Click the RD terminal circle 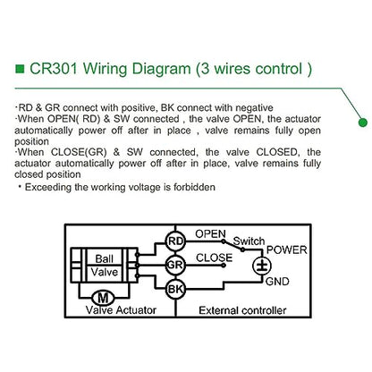(x=175, y=241)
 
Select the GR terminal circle (x=175, y=265)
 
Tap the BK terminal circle (x=175, y=289)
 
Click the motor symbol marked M (x=103, y=298)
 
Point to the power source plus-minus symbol (x=262, y=266)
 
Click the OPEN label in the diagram (x=210, y=234)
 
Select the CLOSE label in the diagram (x=214, y=258)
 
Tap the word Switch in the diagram (x=249, y=241)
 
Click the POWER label (x=287, y=249)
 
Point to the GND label (x=277, y=282)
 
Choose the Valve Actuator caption (x=121, y=310)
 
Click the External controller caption (x=242, y=310)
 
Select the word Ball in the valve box (x=105, y=258)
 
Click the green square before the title (x=20, y=69)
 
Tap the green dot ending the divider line (x=363, y=123)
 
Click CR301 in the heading (x=54, y=69)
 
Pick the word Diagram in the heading (x=161, y=69)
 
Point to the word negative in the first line (x=254, y=107)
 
